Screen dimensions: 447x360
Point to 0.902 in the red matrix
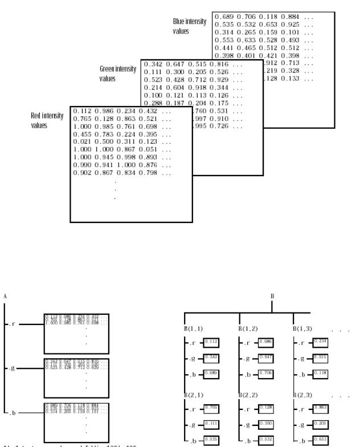(83, 172)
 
